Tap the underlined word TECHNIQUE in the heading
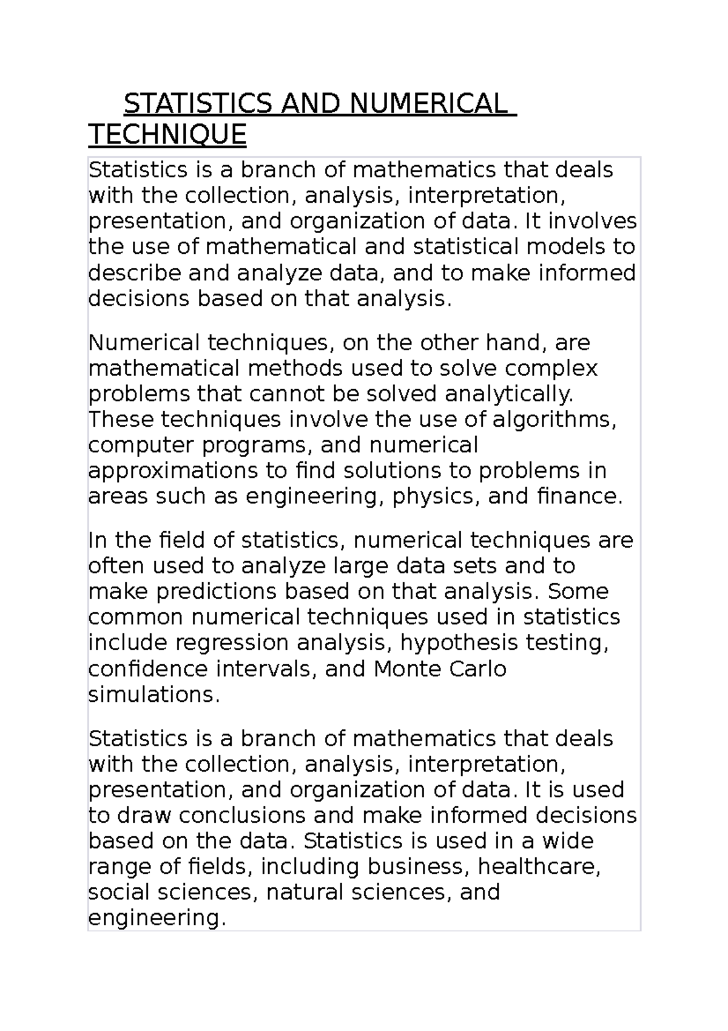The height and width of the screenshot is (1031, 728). click(167, 134)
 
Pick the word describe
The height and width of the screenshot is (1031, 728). click(135, 273)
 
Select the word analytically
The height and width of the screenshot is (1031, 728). click(509, 394)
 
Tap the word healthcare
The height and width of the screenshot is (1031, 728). click(539, 866)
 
